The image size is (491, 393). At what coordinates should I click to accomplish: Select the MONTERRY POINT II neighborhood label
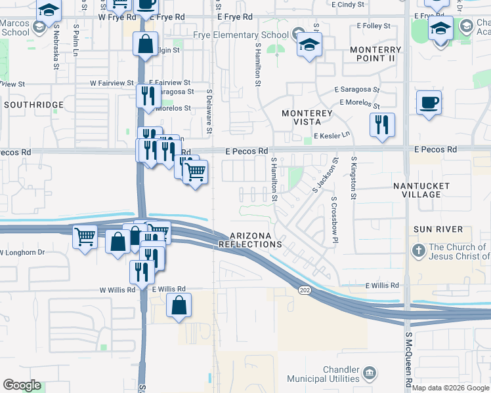375,54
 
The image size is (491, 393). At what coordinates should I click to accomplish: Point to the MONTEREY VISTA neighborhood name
307,118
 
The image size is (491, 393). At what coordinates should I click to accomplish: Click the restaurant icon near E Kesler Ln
382,124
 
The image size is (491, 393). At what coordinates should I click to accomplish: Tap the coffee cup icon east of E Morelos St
429,103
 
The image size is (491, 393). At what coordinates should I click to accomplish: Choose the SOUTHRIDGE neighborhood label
33,105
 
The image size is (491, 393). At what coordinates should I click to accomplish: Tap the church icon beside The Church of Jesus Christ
419,251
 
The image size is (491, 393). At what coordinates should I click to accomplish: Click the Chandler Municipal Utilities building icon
370,373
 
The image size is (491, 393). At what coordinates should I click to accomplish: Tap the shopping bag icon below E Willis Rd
179,306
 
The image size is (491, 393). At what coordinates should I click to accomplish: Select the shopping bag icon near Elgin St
145,45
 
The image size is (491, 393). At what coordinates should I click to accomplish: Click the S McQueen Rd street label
408,367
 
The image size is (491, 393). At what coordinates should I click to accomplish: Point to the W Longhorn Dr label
22,252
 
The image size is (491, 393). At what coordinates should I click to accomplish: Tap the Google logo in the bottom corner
22,385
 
